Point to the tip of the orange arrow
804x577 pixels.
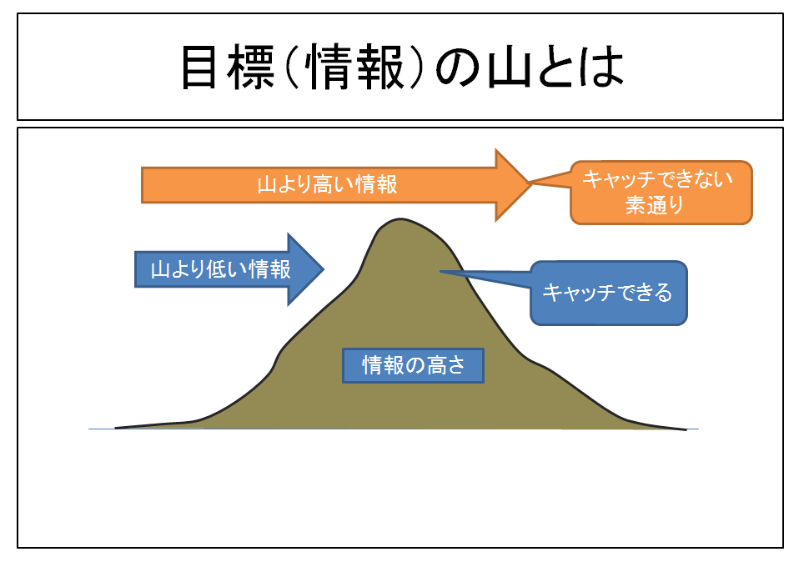tap(530, 184)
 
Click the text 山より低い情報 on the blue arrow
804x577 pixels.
tap(220, 269)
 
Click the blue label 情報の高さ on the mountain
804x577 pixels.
tap(413, 365)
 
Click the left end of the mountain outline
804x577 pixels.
tap(117, 428)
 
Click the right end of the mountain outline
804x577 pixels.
tap(685, 429)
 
